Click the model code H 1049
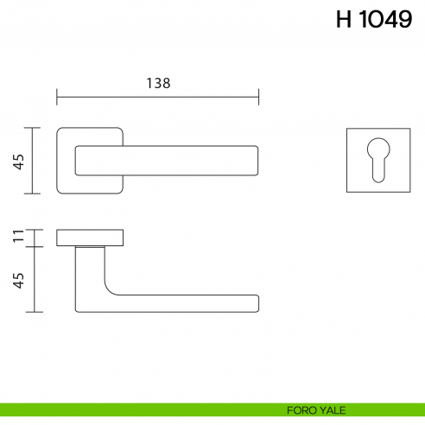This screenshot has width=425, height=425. click(x=373, y=21)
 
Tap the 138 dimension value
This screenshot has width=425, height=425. click(x=157, y=84)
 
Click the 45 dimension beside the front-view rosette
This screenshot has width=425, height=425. click(x=18, y=161)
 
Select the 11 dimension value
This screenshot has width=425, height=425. click(x=18, y=238)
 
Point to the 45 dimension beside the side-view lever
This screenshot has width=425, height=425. click(x=18, y=278)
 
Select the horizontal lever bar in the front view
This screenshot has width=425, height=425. click(x=173, y=161)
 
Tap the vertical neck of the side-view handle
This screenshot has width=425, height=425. click(x=89, y=272)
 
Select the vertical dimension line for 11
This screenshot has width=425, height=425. click(x=33, y=238)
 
